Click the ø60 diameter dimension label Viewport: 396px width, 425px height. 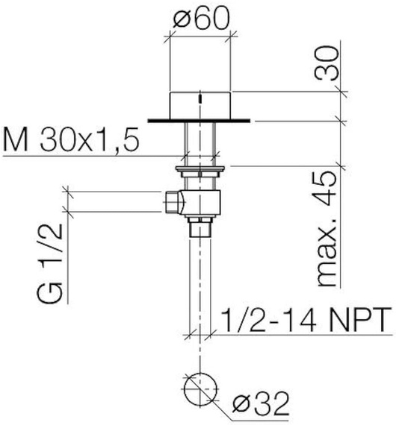point(201,18)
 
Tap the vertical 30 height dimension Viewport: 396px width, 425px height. point(327,63)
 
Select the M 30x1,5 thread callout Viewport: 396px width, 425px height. point(71,139)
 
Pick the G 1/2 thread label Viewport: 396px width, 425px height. point(49,264)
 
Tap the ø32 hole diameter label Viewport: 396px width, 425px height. point(262,404)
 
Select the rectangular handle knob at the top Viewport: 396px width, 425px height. point(200,106)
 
